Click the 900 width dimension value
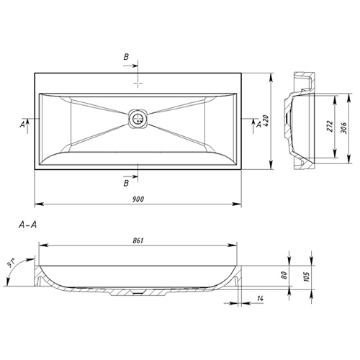pos(138,199)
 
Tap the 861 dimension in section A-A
pos(138,240)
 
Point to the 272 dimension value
pos(330,126)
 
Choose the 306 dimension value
pos(344,127)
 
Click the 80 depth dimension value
pos(284,275)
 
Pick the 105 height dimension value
pos(307,276)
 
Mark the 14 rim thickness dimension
pos(260,298)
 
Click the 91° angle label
pos(11,263)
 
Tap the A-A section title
pos(27,225)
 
